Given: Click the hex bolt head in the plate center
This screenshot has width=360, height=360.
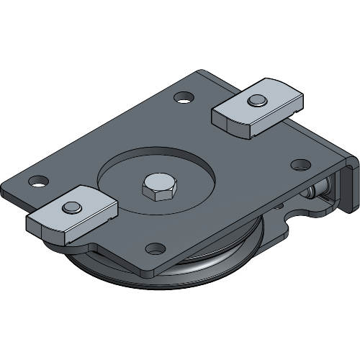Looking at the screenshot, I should [x=155, y=187].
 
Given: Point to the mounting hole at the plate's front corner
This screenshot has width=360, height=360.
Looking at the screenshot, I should [x=155, y=249].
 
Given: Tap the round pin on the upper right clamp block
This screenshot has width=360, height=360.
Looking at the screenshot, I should [x=256, y=100].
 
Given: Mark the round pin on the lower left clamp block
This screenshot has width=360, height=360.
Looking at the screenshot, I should [x=71, y=207].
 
